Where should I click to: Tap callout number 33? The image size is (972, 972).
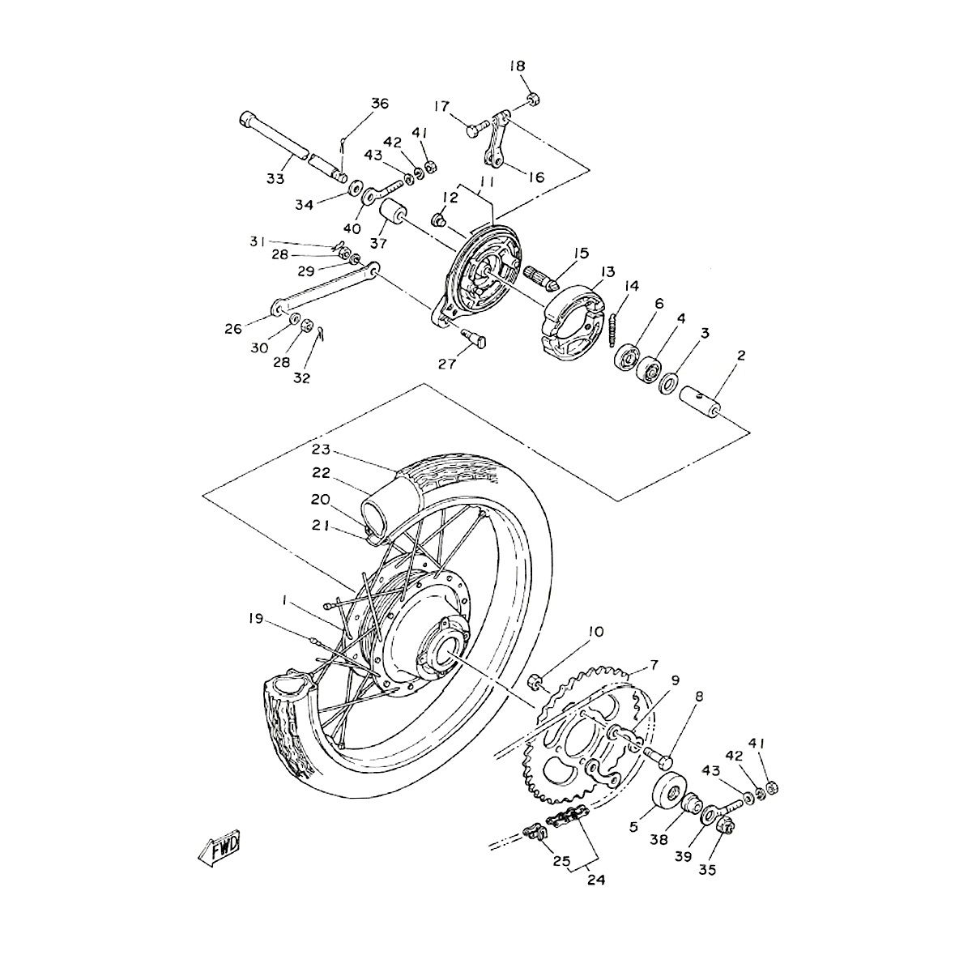click(x=275, y=178)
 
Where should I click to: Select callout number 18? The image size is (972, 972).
click(x=518, y=66)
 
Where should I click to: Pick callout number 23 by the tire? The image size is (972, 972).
click(x=321, y=450)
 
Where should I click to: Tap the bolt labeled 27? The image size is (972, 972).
click(x=473, y=339)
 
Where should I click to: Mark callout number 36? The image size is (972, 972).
click(x=380, y=103)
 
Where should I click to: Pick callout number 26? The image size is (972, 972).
click(x=234, y=329)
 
